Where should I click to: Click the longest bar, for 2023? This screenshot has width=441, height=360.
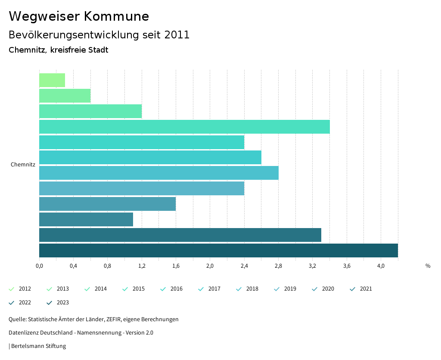(x=218, y=250)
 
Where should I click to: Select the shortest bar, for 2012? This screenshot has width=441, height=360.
(x=52, y=80)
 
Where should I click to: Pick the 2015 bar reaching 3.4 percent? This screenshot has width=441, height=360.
(x=184, y=127)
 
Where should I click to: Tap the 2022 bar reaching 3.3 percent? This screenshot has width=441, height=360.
(x=180, y=235)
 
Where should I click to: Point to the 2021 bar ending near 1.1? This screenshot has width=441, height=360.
(x=86, y=219)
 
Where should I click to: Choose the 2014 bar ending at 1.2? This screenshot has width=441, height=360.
(x=90, y=111)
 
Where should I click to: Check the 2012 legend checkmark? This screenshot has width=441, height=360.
(x=12, y=289)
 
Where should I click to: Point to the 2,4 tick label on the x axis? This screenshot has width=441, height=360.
(x=244, y=266)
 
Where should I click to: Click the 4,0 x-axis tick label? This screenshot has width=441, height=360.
(x=381, y=266)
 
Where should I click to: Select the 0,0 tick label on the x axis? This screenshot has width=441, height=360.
(x=39, y=266)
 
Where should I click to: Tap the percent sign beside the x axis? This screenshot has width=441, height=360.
(x=428, y=266)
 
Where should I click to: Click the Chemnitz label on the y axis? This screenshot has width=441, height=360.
(x=23, y=165)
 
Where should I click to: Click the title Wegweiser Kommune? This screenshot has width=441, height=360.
(x=79, y=16)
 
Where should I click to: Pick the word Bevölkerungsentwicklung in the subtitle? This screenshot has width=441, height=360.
(x=74, y=35)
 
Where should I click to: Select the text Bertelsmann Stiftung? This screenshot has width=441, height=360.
(x=38, y=346)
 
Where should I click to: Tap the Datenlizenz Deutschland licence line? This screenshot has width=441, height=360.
(x=81, y=333)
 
